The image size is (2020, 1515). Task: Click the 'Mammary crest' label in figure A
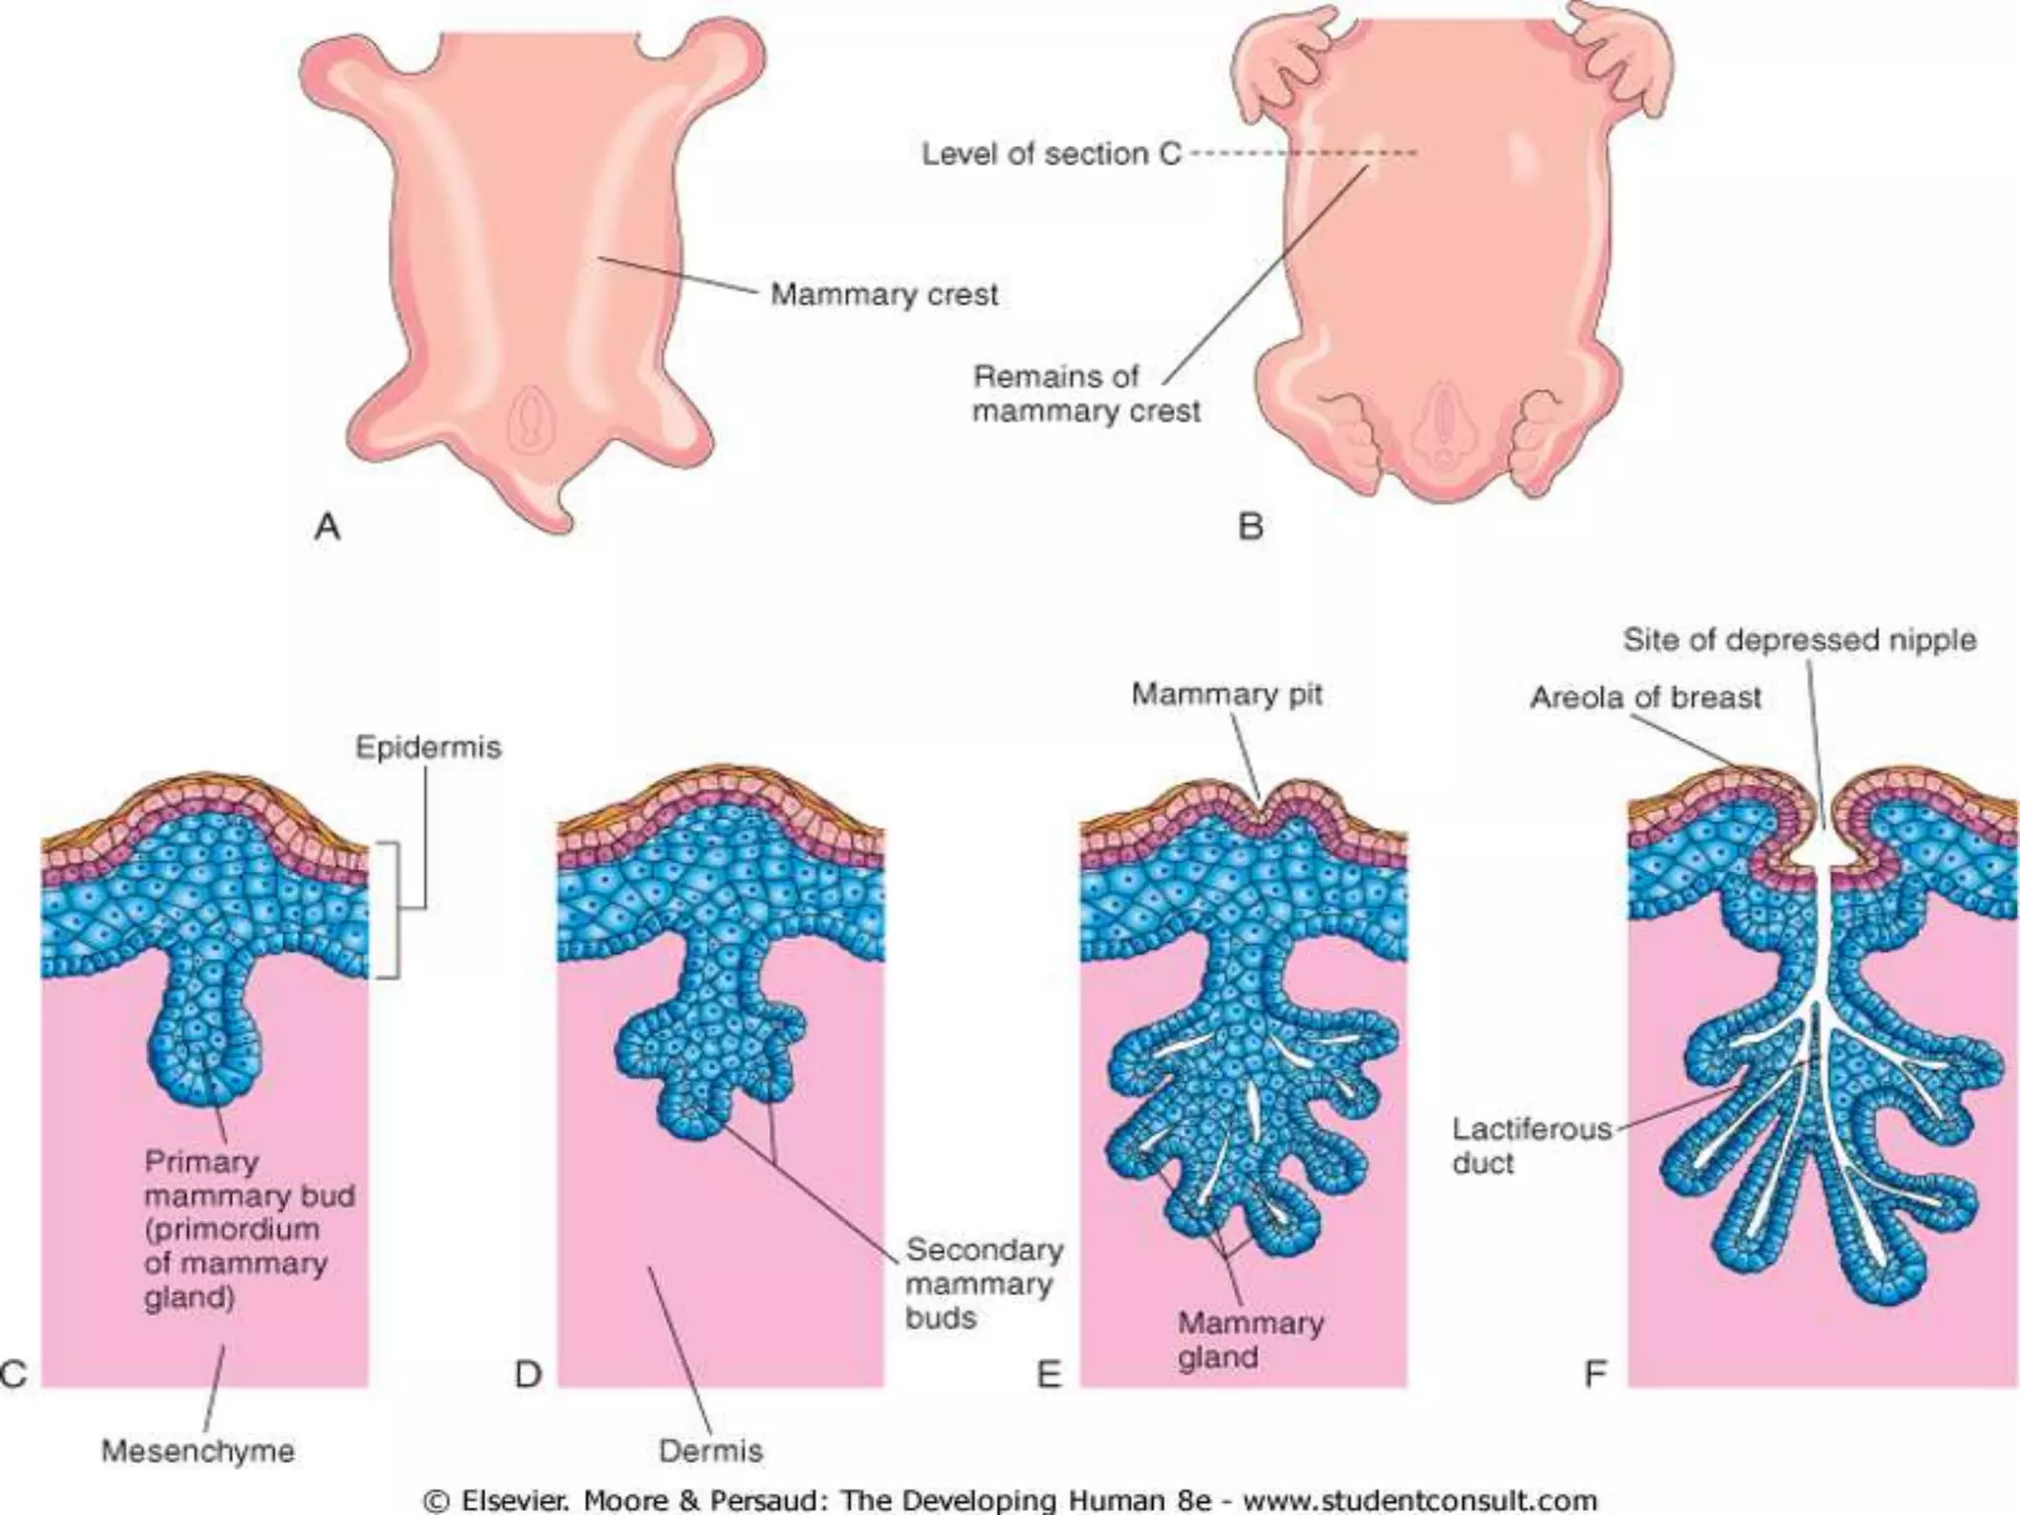[884, 295]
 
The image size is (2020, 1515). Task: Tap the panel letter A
[327, 528]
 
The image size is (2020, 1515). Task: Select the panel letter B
[1250, 528]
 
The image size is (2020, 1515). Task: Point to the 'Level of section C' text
[1050, 155]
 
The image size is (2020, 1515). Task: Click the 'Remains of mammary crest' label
[1085, 394]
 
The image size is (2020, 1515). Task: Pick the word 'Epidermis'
[428, 748]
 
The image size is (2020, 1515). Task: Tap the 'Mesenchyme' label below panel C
[197, 1451]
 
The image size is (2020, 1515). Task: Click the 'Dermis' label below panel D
[710, 1451]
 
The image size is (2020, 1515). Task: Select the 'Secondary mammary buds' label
[983, 1283]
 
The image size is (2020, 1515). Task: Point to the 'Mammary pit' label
[1226, 694]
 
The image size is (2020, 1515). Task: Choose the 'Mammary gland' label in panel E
[1250, 1339]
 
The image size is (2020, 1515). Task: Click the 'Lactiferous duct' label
[1530, 1145]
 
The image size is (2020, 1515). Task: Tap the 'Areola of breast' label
[1644, 698]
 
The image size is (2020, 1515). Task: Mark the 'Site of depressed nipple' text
[1799, 640]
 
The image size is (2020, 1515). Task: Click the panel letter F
[1595, 1373]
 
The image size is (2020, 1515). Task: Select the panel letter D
[528, 1373]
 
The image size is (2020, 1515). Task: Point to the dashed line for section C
[1302, 154]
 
